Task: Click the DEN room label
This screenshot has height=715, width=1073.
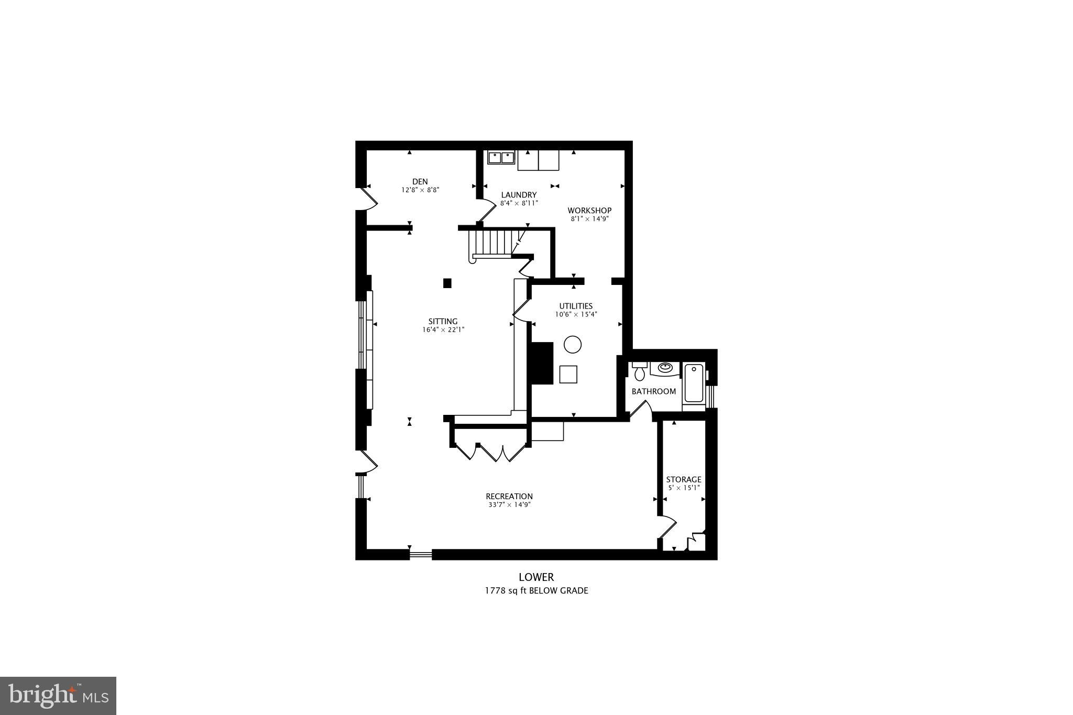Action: [x=420, y=182]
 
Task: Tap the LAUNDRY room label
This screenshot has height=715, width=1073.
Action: [x=518, y=195]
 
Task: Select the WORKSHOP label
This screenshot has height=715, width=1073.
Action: [x=589, y=211]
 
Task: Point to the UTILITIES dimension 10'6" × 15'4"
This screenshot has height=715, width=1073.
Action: [x=576, y=315]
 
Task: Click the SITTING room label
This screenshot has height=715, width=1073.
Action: [x=443, y=322]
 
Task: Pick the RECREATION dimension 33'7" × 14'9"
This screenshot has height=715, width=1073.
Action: [x=509, y=505]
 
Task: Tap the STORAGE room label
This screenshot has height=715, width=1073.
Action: [x=683, y=479]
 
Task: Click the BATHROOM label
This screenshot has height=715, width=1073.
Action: [x=653, y=391]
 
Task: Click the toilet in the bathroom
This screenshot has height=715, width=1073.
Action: [x=639, y=372]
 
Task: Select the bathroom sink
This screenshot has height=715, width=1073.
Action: [x=665, y=368]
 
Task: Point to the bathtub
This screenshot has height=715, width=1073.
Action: [x=694, y=383]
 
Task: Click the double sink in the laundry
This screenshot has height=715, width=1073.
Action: [x=501, y=157]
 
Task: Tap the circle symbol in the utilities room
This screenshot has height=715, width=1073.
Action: [x=572, y=344]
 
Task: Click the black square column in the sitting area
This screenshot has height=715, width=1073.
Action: [x=447, y=283]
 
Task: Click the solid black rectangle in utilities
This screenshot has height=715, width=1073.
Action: [x=542, y=363]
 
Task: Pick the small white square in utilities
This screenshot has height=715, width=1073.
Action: [x=568, y=375]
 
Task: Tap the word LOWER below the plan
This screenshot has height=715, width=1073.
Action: [x=536, y=577]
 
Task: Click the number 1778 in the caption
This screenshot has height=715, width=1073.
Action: [x=494, y=591]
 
